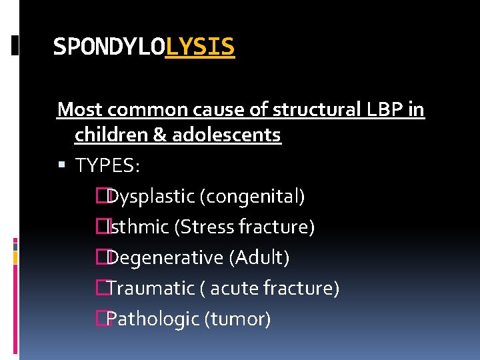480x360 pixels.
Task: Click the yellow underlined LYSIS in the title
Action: (x=200, y=47)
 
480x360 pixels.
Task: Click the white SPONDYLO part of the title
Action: (x=109, y=47)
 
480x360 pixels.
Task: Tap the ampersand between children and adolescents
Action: (x=161, y=135)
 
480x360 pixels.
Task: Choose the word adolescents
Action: (x=227, y=135)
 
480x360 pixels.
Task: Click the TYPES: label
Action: (x=107, y=165)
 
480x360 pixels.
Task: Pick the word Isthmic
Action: (x=138, y=227)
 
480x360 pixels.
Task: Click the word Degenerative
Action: (x=165, y=257)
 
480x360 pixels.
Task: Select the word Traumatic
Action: (x=150, y=289)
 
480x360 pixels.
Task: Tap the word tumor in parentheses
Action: (x=240, y=319)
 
